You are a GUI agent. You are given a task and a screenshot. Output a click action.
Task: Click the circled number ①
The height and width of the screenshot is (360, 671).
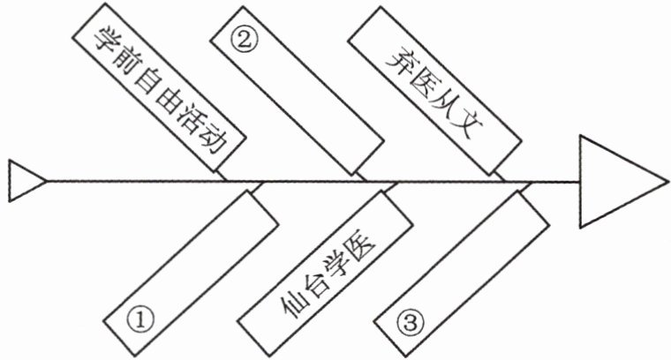tap(141, 319)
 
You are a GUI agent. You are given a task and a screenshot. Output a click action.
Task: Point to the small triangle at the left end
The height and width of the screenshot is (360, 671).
tap(25, 181)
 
